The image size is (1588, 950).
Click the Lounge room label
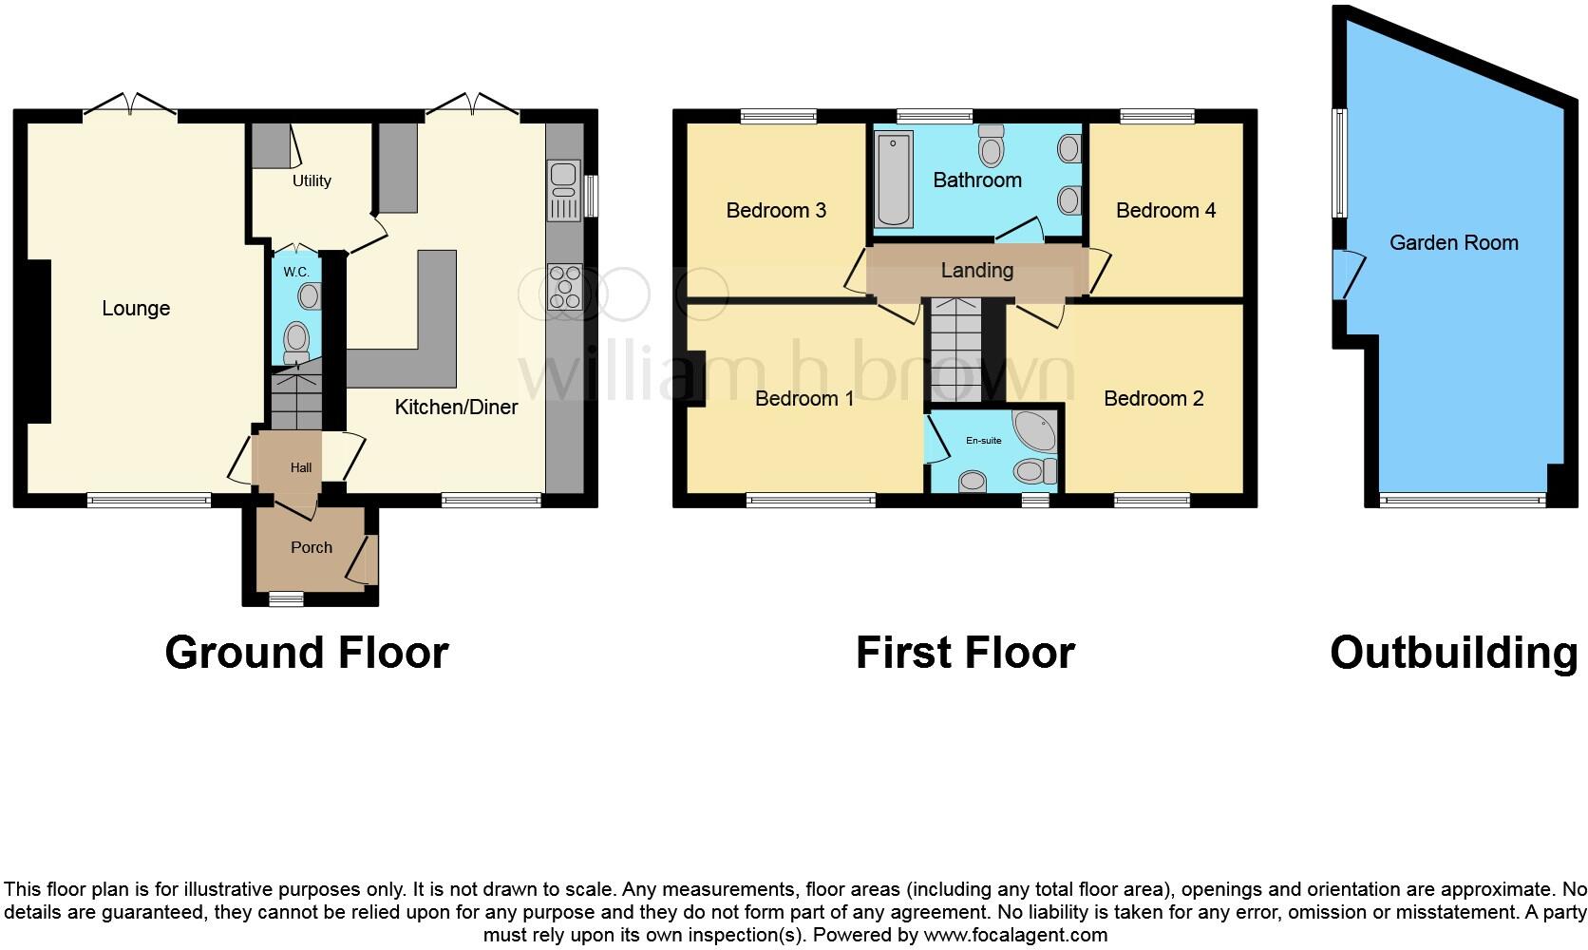coord(136,308)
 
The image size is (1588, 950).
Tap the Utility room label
coord(312,180)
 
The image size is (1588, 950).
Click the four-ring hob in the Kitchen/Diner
coord(565,286)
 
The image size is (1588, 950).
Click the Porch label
coord(312,547)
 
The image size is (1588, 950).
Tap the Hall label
coord(301,467)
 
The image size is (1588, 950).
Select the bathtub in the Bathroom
coord(892,179)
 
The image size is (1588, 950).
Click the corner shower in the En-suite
coord(1033,430)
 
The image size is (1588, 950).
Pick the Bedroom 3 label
coord(776,210)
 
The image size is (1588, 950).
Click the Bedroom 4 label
coord(1165,210)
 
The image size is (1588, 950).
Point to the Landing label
coord(976,270)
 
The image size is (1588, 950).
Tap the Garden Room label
coord(1453,242)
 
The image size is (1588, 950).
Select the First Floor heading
coord(965,653)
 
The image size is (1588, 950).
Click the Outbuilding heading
coord(1453,653)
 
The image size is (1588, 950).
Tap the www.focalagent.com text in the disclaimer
coord(1015,935)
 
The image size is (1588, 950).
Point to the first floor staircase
coord(955,350)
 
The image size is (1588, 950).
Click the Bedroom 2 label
coord(1153,398)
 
